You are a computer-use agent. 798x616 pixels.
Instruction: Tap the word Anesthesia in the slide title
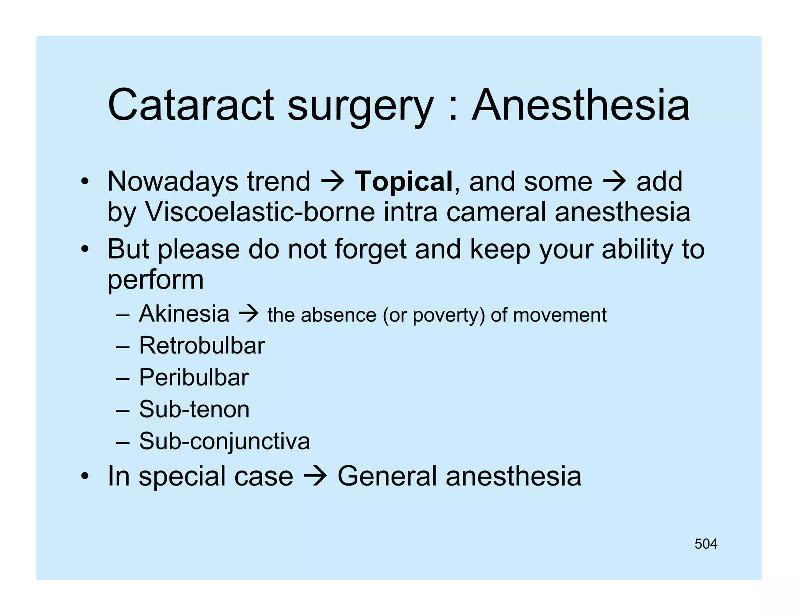click(x=581, y=105)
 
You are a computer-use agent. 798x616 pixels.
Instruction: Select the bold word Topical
click(x=403, y=181)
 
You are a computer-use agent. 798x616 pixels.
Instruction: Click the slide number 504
click(x=706, y=544)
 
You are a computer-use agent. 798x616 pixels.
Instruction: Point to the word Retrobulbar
click(x=202, y=345)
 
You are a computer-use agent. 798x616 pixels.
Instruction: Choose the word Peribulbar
click(x=194, y=377)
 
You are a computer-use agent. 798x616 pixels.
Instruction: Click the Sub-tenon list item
click(x=194, y=409)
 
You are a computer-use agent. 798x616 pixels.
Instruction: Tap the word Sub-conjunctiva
click(x=224, y=441)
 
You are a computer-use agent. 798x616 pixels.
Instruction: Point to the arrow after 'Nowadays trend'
click(x=332, y=182)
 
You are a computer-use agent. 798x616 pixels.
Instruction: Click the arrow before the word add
click(x=614, y=182)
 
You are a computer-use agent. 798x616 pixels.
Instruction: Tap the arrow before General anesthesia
click(x=315, y=477)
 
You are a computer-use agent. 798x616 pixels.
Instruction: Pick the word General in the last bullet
click(x=387, y=476)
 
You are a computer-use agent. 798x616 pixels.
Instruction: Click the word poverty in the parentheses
click(x=446, y=315)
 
